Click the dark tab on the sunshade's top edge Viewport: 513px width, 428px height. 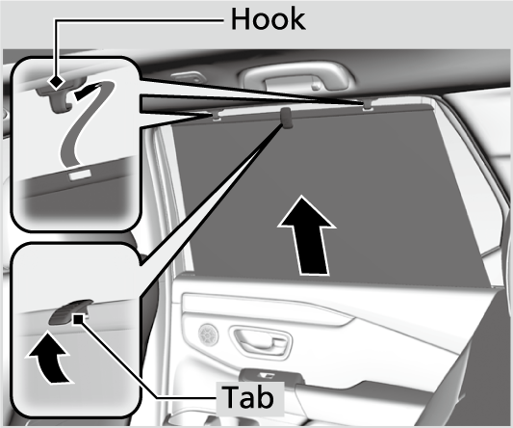tap(288, 118)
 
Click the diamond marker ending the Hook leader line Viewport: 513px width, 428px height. tap(59, 81)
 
